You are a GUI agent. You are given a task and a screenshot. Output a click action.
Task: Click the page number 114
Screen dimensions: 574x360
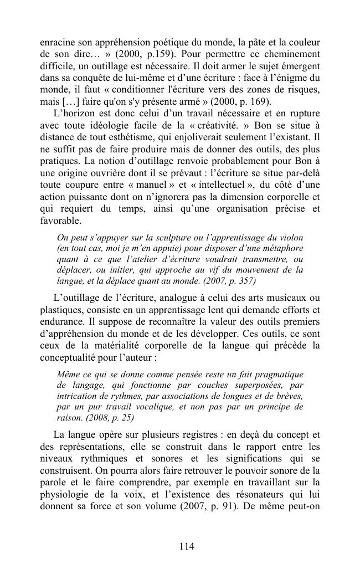tap(187, 546)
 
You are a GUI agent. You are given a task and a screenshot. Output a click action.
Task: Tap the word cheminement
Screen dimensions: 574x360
tap(289, 55)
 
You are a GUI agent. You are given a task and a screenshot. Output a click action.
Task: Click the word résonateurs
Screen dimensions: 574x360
tap(262, 494)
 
